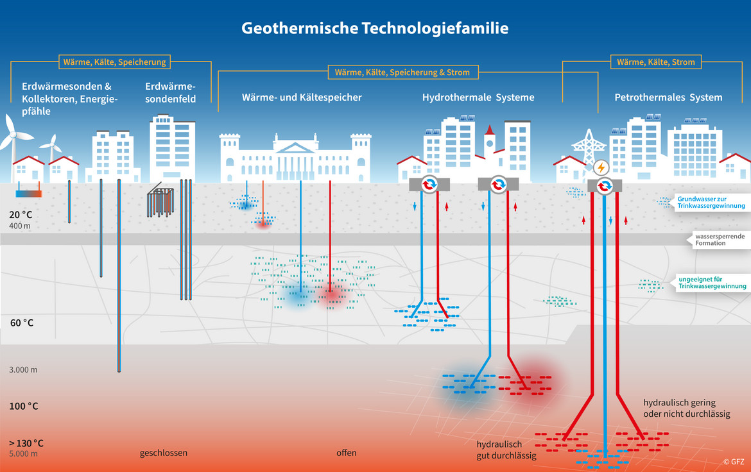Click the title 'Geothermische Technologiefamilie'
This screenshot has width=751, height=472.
pos(375,28)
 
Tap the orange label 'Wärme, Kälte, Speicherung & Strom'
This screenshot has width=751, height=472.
pos(402,72)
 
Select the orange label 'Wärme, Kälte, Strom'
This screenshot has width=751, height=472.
pos(655,62)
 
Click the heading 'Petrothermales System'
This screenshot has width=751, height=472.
pos(668,97)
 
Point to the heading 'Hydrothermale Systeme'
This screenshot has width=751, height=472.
pos(478,97)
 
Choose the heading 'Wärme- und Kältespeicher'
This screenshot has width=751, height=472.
pos(302,97)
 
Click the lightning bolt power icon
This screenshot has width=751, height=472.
pos(601,168)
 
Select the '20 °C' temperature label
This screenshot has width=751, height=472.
pos(22,215)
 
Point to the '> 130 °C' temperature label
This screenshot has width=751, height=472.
pos(26,443)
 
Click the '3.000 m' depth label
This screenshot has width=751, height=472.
pos(23,370)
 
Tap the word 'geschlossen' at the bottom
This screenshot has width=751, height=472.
pos(164,453)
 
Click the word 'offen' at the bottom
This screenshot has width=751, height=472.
pos(346,453)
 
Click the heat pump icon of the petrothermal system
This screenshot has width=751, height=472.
pos(604,186)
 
